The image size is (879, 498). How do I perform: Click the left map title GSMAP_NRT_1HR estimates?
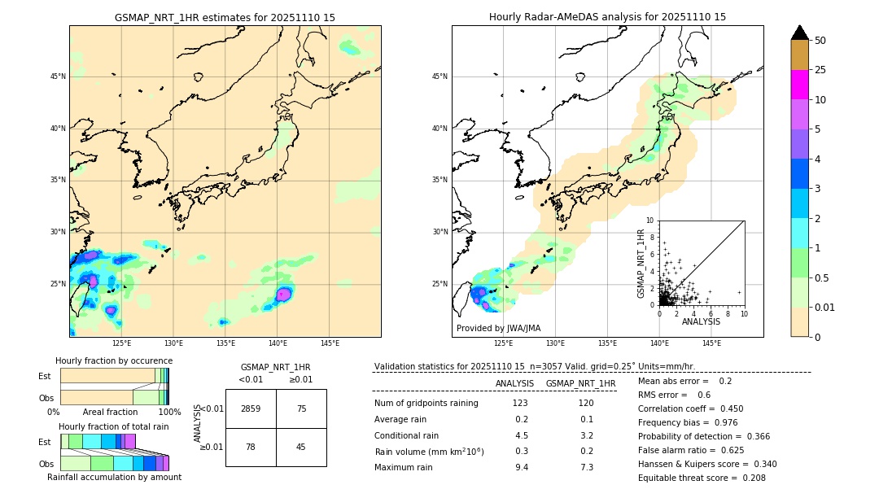pyautogui.click(x=225, y=17)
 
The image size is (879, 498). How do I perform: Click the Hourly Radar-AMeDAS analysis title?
pyautogui.click(x=607, y=17)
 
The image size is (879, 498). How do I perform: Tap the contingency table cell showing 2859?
pyautogui.click(x=251, y=408)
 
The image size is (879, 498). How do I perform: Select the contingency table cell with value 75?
pyautogui.click(x=301, y=408)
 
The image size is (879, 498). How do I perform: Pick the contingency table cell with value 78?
pyautogui.click(x=251, y=447)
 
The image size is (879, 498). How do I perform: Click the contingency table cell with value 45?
pyautogui.click(x=301, y=447)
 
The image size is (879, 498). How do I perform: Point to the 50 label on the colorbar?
pyautogui.click(x=820, y=41)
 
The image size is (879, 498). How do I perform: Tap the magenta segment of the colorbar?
pyautogui.click(x=799, y=85)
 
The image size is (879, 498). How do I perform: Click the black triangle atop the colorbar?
pyautogui.click(x=799, y=33)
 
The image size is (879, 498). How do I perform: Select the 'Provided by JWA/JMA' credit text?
pyautogui.click(x=498, y=328)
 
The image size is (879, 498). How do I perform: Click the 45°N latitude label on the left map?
pyautogui.click(x=58, y=76)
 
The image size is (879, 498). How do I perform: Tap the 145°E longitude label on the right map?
pyautogui.click(x=711, y=343)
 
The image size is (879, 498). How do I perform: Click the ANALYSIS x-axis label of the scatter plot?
pyautogui.click(x=701, y=321)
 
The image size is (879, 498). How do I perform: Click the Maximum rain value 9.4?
pyautogui.click(x=521, y=467)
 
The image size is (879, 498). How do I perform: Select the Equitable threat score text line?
pyautogui.click(x=702, y=478)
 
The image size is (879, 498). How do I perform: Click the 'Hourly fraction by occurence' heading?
pyautogui.click(x=114, y=360)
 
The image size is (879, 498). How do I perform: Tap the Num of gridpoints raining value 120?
pyautogui.click(x=586, y=403)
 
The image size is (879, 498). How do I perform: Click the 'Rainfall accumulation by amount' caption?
pyautogui.click(x=114, y=477)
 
